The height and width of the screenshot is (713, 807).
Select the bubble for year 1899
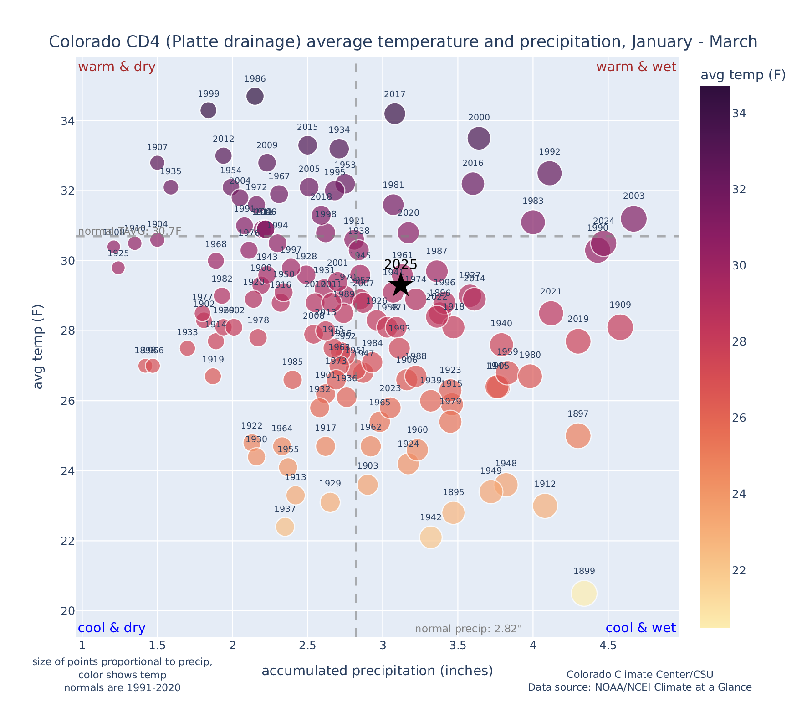584,593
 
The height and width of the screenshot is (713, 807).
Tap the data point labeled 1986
255,96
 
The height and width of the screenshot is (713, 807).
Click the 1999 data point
208,110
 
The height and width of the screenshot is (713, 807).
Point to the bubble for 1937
285,527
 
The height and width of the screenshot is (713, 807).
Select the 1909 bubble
620,327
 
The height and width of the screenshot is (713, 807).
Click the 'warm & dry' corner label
117,67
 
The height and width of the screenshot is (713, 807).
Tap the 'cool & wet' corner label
641,628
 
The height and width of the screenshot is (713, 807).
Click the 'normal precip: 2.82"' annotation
468,629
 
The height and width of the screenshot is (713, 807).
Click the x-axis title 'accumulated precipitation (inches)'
377,671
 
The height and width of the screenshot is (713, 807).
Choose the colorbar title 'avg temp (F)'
743,75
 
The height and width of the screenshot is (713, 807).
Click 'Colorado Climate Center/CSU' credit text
640,674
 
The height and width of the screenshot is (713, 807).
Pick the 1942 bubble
431,537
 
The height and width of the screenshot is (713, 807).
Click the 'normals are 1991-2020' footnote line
123,687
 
